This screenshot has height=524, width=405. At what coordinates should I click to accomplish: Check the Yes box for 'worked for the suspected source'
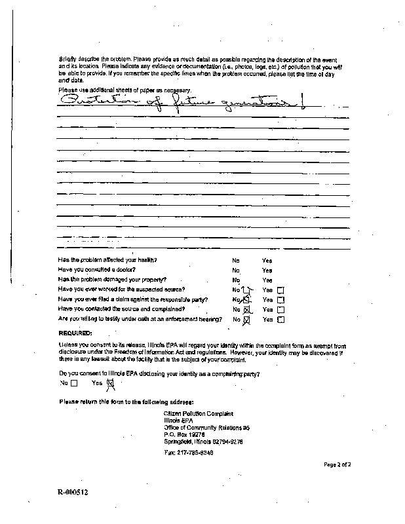[x=281, y=290]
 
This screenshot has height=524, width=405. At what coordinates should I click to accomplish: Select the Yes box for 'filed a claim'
[x=281, y=299]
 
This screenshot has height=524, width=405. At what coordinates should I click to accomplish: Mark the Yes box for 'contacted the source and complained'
[x=281, y=309]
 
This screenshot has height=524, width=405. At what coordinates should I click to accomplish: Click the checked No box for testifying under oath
[x=247, y=320]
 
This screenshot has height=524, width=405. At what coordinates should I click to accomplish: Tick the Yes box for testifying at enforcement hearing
[x=281, y=320]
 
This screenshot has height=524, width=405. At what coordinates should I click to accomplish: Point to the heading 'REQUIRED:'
[x=75, y=333]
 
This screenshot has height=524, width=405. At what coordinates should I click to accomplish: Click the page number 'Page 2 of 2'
[x=337, y=464]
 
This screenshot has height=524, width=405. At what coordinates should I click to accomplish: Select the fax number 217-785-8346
[x=189, y=453]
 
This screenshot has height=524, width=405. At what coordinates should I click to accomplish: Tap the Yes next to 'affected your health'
[x=267, y=260]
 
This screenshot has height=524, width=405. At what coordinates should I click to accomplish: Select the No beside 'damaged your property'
[x=235, y=280]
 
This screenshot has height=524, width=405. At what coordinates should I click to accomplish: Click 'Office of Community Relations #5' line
[x=206, y=427]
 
